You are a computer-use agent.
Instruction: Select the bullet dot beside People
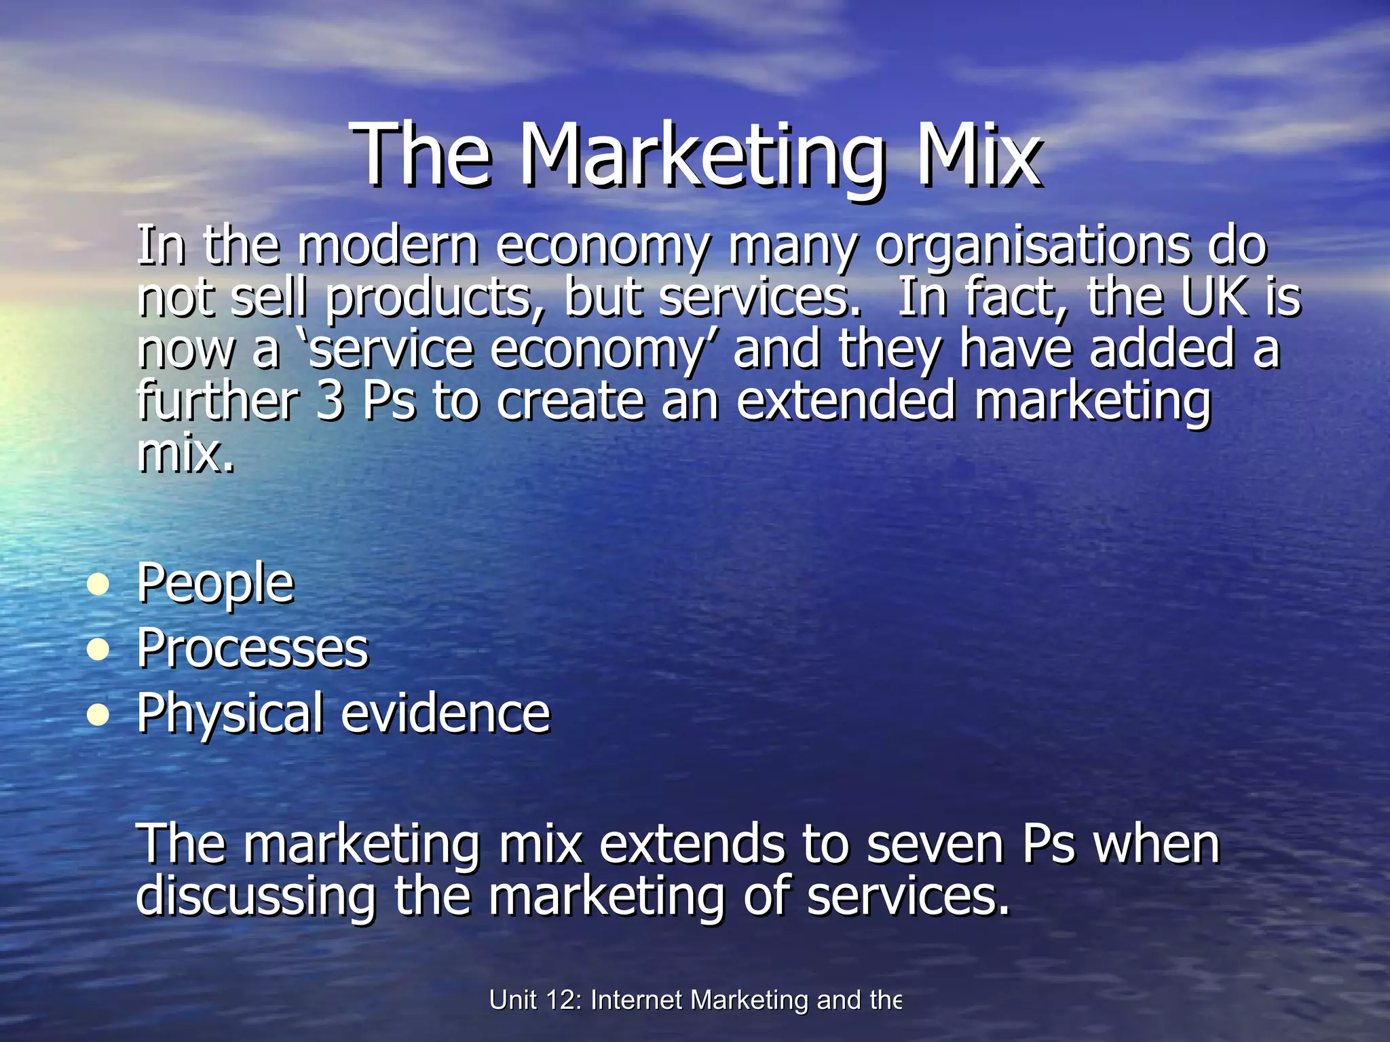click(x=99, y=584)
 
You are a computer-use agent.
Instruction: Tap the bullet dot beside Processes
click(x=99, y=649)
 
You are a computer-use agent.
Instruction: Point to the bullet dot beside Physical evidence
click(x=99, y=714)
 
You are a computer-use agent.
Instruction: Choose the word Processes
click(x=252, y=649)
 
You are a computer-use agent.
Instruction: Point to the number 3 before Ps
click(x=330, y=401)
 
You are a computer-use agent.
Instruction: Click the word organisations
click(x=1032, y=247)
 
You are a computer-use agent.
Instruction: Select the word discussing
click(x=255, y=897)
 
